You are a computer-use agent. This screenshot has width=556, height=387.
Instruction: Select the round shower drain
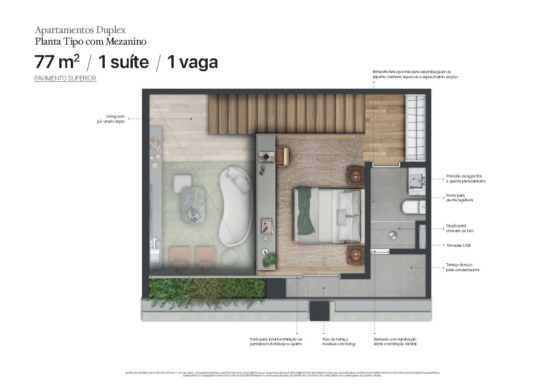pos(392,235)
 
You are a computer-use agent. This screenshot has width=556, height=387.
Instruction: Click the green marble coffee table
pos(193,205)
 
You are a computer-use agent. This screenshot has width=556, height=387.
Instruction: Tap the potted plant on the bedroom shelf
pos(269,258)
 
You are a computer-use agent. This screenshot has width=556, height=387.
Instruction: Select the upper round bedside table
pos(356,175)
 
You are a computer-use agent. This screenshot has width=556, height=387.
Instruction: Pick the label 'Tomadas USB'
pos(458,245)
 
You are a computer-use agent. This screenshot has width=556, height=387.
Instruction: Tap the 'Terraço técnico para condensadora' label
pos(462,267)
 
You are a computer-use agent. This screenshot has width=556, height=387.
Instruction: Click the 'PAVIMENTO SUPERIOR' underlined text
pos(65,79)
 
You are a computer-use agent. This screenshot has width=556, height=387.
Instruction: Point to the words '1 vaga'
pos(192,62)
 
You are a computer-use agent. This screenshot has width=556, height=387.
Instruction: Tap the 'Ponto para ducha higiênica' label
pos(460,198)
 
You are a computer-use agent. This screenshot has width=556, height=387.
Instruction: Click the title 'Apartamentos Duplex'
pos(80,30)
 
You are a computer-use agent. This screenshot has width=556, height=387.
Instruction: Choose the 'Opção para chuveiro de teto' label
pos(460,228)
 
